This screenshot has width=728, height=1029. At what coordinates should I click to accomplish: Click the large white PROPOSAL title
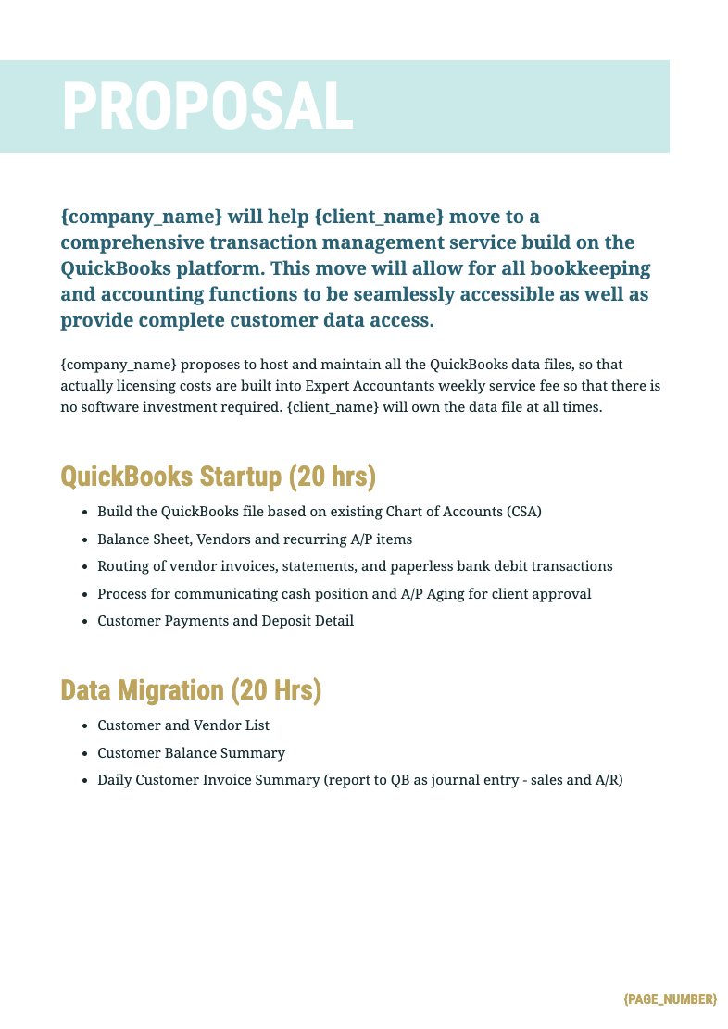pos(207,106)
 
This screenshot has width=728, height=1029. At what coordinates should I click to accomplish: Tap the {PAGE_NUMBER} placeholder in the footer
pos(670,999)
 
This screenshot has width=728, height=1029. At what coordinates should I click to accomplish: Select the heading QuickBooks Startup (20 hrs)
pos(218,477)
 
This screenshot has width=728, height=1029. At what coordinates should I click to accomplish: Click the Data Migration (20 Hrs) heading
pos(191,690)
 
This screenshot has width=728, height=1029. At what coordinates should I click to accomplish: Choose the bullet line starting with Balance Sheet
pos(255,539)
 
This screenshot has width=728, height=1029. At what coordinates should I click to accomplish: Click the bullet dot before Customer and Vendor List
pos(85,726)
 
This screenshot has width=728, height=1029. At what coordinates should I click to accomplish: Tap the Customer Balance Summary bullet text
pos(191,753)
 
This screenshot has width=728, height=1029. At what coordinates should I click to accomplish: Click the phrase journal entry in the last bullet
pos(473,780)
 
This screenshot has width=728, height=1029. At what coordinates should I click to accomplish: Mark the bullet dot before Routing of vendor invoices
pos(85,566)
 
